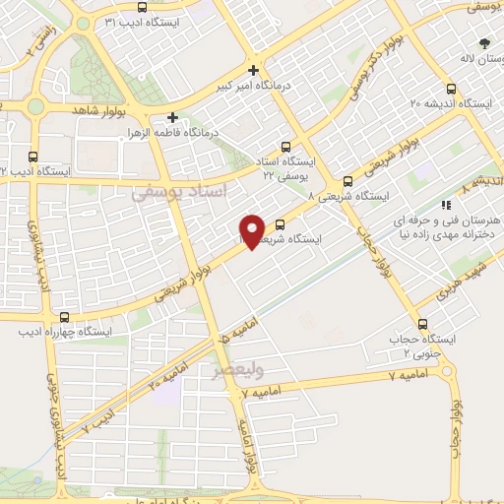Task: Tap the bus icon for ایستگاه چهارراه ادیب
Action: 64,316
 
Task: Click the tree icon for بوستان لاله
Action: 483,43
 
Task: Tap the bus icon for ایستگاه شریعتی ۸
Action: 347,181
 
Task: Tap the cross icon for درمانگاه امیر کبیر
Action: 254,70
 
